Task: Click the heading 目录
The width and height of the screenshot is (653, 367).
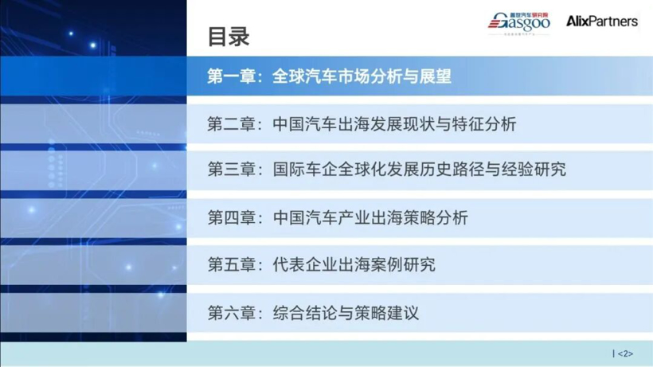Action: [x=229, y=36]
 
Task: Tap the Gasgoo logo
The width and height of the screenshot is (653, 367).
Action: [x=519, y=23]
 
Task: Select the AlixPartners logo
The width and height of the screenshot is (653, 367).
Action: [x=601, y=21]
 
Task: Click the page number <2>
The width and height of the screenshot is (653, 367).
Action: [x=625, y=353]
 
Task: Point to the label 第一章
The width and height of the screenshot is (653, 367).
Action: [x=230, y=77]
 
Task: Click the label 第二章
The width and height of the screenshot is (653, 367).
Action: [x=230, y=124]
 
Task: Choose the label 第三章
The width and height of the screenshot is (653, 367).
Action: [x=230, y=170]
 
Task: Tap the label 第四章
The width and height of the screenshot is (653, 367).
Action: [x=230, y=217]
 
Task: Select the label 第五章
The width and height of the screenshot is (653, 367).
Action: [x=230, y=264]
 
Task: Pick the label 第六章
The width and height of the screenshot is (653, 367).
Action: [x=230, y=312]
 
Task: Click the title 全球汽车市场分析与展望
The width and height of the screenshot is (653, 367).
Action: [x=362, y=77]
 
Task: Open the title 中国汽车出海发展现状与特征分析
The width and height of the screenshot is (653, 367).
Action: [x=394, y=124]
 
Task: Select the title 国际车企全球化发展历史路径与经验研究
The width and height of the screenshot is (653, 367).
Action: [x=419, y=170]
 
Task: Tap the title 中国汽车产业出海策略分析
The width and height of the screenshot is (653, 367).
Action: [x=370, y=217]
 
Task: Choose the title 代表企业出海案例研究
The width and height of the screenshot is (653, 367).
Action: [x=354, y=264]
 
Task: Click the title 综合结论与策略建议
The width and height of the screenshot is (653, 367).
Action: [x=346, y=312]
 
